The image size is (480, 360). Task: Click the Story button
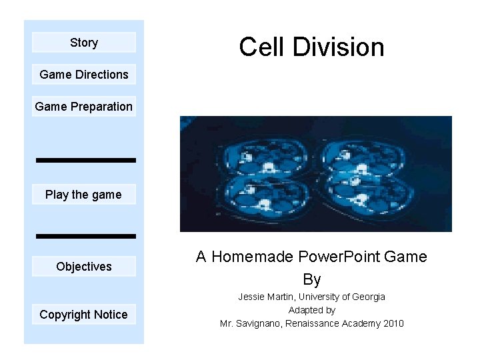click(84, 43)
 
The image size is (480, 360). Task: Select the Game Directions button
click(84, 75)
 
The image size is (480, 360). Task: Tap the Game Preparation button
click(84, 107)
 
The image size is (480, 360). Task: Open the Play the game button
click(84, 195)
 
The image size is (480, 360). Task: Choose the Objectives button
click(84, 267)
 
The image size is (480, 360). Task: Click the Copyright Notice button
click(84, 315)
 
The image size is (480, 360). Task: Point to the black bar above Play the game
click(85, 160)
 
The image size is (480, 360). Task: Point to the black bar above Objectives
click(85, 236)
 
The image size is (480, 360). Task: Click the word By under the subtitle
click(312, 279)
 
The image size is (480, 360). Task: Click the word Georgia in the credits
click(369, 297)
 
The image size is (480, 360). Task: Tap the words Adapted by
click(312, 310)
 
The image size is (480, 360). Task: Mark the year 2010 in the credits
click(393, 323)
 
